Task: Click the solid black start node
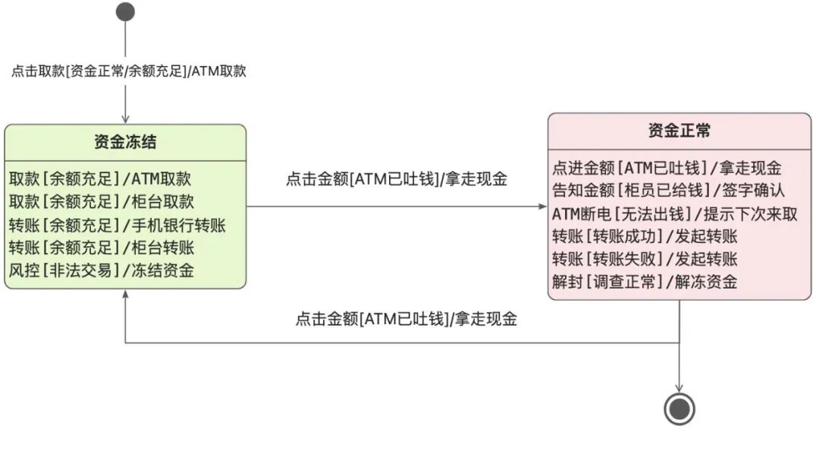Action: (126, 11)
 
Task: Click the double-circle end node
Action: (679, 409)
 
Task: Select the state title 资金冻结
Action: (125, 142)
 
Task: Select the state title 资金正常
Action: (679, 131)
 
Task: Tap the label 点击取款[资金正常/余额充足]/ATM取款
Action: (128, 71)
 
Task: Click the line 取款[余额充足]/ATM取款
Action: (99, 179)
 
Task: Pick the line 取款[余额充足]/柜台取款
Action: (102, 202)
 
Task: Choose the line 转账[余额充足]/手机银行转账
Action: (118, 225)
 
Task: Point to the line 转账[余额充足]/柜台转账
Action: (102, 248)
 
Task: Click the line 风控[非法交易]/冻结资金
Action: (102, 270)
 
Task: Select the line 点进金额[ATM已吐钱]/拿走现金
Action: (667, 168)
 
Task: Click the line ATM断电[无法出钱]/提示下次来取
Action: (674, 213)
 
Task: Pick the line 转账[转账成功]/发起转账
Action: (645, 236)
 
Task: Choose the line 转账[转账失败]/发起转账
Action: (645, 259)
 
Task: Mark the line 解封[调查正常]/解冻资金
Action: (645, 282)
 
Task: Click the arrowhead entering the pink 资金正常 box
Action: (543, 207)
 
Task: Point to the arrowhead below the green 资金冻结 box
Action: (126, 294)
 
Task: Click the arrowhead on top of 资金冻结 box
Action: (126, 119)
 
